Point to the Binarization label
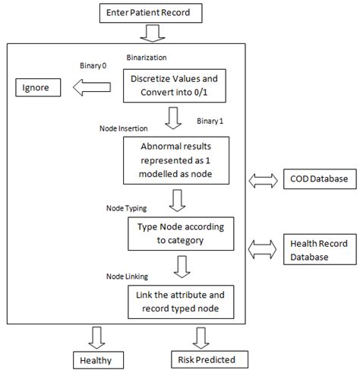[x=147, y=56]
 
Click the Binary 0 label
[x=96, y=65]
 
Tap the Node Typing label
[x=125, y=206]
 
